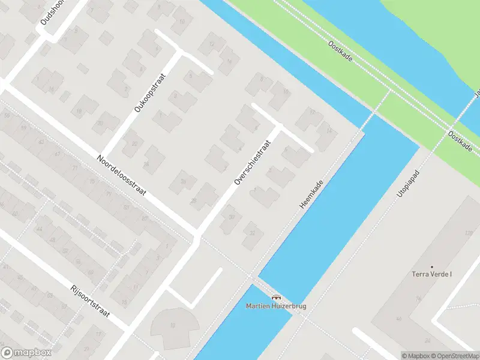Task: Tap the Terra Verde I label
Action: click(x=431, y=275)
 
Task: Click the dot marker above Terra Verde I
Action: click(x=431, y=266)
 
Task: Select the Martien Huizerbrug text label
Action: click(x=276, y=306)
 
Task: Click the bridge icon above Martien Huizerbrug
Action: click(x=276, y=297)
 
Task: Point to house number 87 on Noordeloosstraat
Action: click(x=145, y=217)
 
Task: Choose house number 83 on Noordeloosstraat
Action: click(x=127, y=207)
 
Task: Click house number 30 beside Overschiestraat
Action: click(x=232, y=217)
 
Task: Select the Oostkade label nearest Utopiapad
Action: click(x=460, y=140)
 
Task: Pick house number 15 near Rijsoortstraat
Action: click(x=124, y=302)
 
